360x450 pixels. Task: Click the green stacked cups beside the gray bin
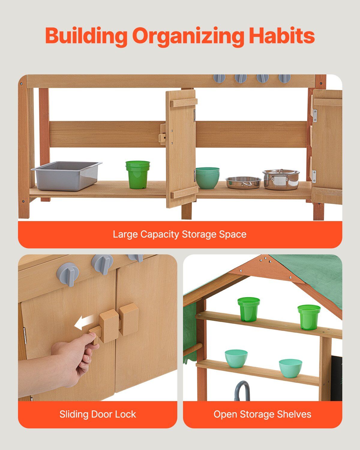coord(137,175)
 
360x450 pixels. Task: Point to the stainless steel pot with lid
coord(281,179)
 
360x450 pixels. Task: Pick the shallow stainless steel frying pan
coord(243,182)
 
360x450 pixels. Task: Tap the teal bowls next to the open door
coord(207,178)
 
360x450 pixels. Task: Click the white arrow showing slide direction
coord(84,323)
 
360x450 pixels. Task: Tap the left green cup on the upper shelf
coord(248,309)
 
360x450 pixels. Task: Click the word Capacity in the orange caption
coord(160,235)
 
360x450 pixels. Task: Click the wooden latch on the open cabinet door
coord(163,134)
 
